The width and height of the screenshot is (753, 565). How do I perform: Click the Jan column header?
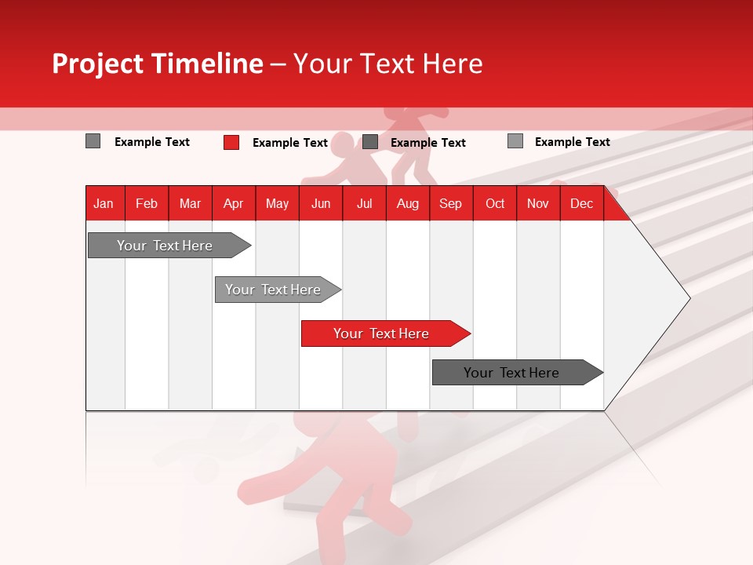click(104, 203)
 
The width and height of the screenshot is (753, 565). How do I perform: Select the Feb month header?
click(147, 203)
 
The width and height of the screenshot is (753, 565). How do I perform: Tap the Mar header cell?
click(190, 203)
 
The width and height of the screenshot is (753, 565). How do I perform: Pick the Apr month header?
click(234, 203)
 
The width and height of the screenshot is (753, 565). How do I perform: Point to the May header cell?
click(277, 203)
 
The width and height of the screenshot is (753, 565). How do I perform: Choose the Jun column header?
click(321, 203)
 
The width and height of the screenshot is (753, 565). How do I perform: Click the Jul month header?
click(364, 203)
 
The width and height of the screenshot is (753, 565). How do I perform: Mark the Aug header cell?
click(408, 203)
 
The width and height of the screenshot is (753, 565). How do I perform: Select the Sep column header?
click(451, 203)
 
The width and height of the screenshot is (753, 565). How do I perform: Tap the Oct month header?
click(495, 203)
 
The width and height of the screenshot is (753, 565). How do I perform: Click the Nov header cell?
click(538, 203)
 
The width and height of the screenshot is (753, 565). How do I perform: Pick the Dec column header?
click(582, 203)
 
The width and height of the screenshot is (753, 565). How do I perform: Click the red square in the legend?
click(231, 142)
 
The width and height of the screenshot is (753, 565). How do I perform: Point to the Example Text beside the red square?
click(290, 143)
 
